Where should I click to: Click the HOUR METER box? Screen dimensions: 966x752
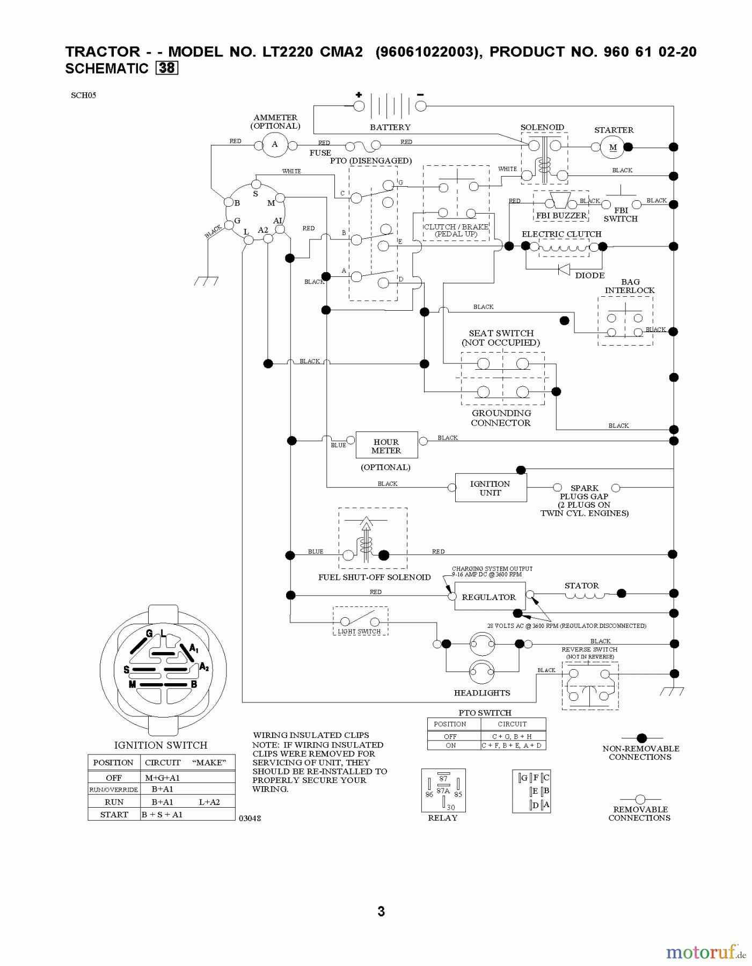pos(386,445)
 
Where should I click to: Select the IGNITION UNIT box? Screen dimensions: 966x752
pos(490,488)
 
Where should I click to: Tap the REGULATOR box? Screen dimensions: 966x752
pos(488,597)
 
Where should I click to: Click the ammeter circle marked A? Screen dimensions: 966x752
pos(275,144)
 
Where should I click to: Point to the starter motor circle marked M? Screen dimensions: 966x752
pos(612,147)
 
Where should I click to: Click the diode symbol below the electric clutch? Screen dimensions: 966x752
pos(564,269)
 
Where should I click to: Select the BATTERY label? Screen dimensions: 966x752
pos(390,127)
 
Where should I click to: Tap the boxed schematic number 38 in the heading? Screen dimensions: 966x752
pos(167,68)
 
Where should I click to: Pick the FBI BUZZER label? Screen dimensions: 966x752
pos(561,216)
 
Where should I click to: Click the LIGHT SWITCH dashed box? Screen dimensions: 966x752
pos(360,621)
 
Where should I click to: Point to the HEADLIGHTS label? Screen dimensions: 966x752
pos(481,693)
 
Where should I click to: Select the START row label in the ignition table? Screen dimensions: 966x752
pos(114,814)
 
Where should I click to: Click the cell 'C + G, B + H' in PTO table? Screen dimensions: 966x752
pos(513,736)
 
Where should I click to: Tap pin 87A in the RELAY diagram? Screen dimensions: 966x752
pos(443,791)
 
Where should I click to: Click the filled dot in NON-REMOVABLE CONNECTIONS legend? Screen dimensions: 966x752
pos(641,738)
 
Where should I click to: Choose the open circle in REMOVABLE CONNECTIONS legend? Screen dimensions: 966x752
pos(640,799)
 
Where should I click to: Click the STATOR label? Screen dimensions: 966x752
pos(581,586)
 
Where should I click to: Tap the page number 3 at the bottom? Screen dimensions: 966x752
pos(381,911)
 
